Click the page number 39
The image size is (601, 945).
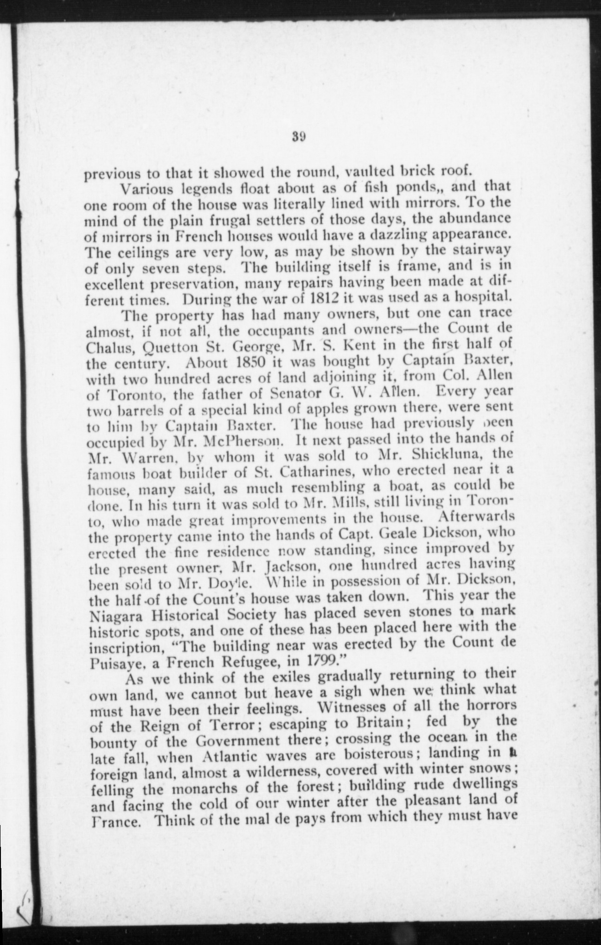click(298, 137)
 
